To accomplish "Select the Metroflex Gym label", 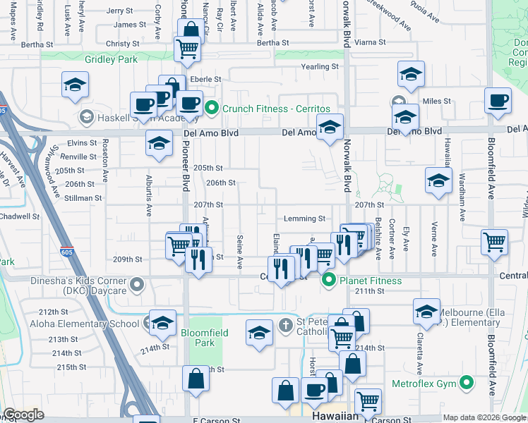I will pyautogui.click(x=427, y=384).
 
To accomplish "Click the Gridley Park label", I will pyautogui.click(x=112, y=60).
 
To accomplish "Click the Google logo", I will pyautogui.click(x=24, y=415).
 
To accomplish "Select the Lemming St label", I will pyautogui.click(x=304, y=219).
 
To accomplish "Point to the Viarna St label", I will pyautogui.click(x=370, y=42).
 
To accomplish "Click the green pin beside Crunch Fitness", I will pyautogui.click(x=212, y=109).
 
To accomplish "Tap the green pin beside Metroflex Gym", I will pyautogui.click(x=466, y=384).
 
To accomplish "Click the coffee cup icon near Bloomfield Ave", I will pyautogui.click(x=498, y=101).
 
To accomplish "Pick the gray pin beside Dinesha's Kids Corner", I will pyautogui.click(x=138, y=285).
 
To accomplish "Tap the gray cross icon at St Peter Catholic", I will pyautogui.click(x=285, y=324).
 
